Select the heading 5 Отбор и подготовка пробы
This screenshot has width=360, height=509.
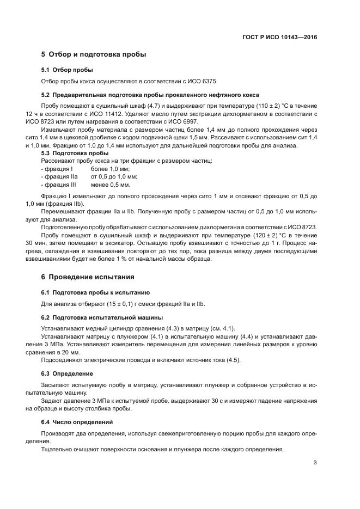94,54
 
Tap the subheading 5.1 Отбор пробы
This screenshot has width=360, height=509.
67,70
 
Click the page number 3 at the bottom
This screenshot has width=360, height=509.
315,463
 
